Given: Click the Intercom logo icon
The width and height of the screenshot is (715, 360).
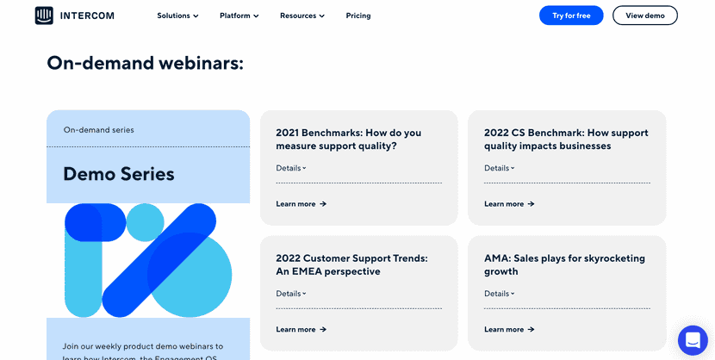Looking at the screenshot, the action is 44,16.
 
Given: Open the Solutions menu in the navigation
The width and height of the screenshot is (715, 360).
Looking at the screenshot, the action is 177,16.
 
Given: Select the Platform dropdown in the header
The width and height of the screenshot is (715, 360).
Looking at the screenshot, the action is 239,16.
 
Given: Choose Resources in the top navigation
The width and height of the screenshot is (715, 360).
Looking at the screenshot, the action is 302,16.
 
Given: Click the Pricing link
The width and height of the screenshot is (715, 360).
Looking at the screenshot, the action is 358,16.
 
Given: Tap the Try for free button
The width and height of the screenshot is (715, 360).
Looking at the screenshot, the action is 571,16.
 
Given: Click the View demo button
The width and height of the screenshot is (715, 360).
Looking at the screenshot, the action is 645,16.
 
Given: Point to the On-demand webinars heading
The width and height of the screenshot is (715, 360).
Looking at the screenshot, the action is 145,63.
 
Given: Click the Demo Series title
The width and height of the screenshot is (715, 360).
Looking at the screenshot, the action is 119,174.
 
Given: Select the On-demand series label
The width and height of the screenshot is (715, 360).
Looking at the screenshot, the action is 99,130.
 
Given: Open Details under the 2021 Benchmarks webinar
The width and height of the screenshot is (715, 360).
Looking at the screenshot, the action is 291,168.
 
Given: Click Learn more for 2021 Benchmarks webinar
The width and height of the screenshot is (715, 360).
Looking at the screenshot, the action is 301,204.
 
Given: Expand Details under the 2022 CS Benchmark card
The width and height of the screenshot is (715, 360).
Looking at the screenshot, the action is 500,168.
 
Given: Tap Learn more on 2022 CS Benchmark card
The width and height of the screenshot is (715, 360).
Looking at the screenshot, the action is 509,204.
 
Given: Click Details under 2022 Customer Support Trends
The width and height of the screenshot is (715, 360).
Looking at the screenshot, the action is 291,294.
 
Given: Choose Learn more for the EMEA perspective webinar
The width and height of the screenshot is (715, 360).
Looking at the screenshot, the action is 301,329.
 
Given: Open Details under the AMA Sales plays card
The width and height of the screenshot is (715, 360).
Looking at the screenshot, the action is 500,294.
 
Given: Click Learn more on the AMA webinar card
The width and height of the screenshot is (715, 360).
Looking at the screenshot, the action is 509,329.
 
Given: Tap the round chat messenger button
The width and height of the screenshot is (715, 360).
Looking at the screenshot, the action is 693,340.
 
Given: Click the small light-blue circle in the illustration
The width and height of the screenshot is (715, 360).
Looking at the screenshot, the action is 145,222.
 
